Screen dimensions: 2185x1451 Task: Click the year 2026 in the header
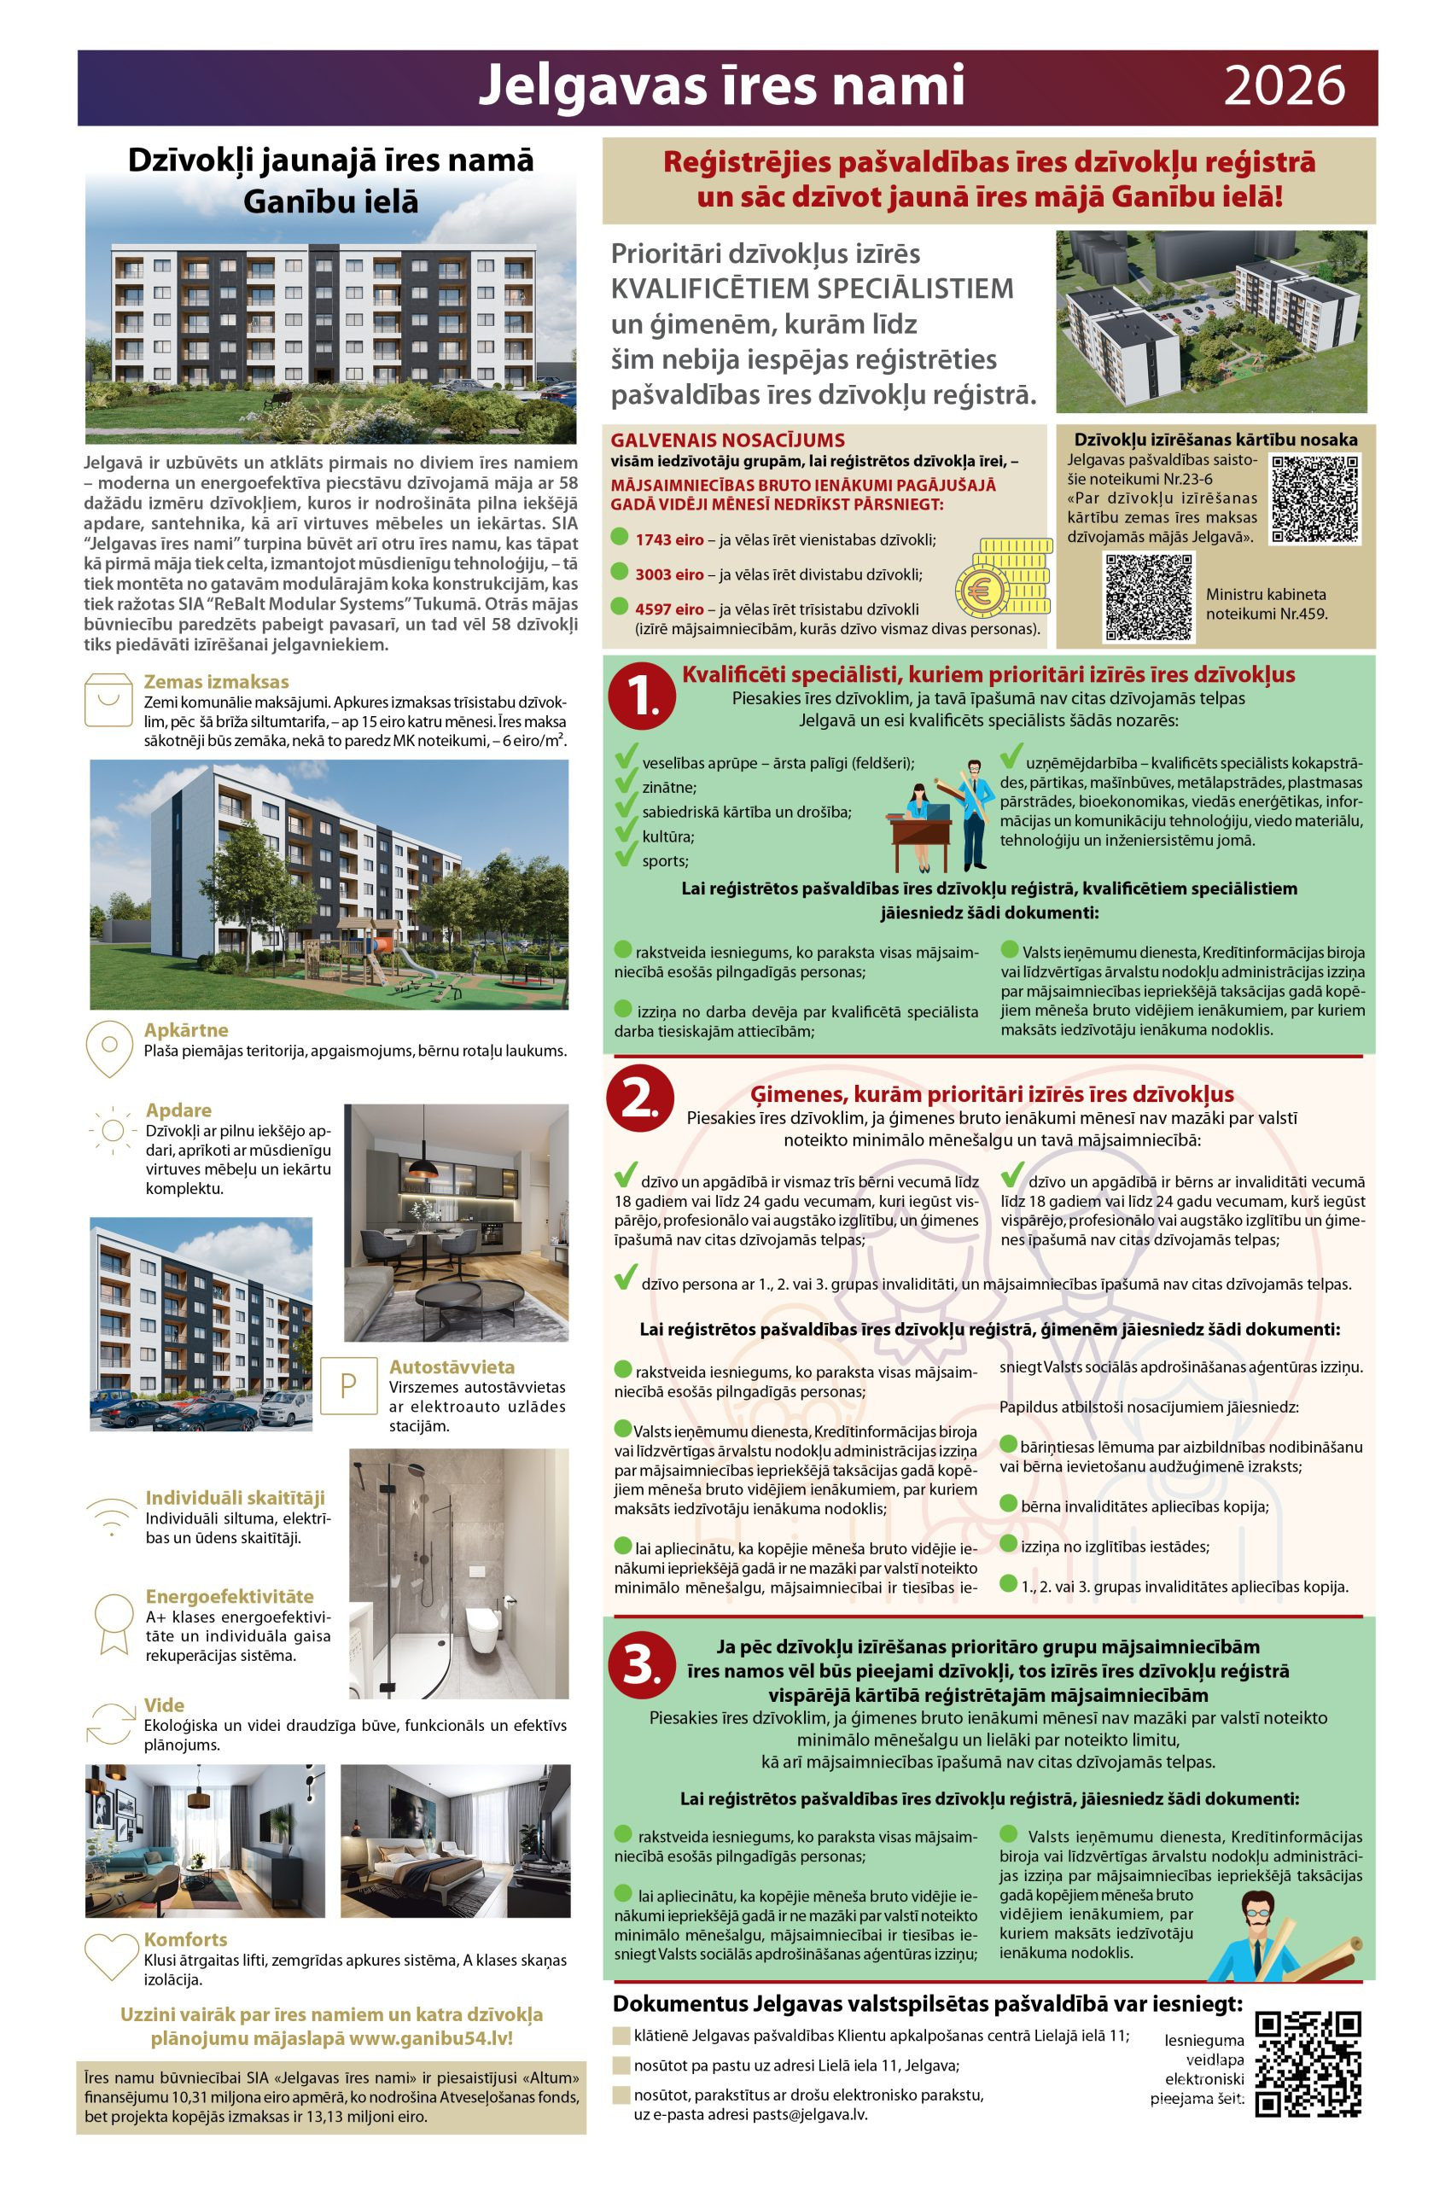click(1284, 87)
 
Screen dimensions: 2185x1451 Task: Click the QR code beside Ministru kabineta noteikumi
click(1150, 597)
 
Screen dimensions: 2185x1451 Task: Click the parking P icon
click(349, 1386)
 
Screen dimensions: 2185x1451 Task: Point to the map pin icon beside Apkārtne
click(109, 1047)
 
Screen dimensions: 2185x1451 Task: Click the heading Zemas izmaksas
click(217, 682)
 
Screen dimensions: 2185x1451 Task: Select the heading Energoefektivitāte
click(230, 1595)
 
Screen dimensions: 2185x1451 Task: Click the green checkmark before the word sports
click(626, 857)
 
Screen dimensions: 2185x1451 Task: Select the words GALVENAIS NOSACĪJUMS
click(727, 440)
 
